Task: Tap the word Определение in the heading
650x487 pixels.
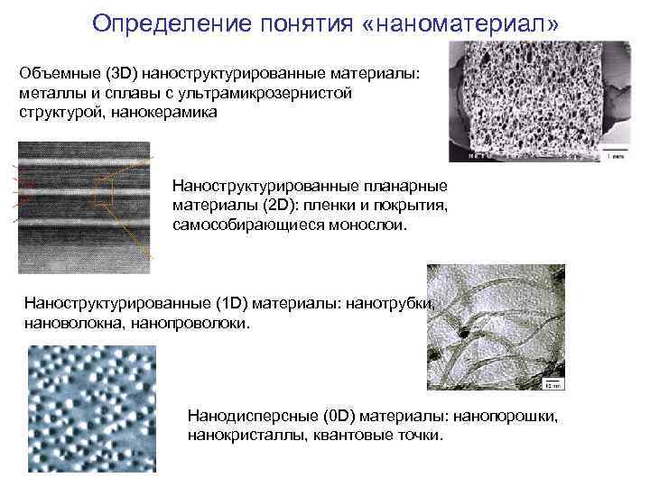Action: [169, 21]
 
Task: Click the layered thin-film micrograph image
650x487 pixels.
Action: [84, 207]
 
